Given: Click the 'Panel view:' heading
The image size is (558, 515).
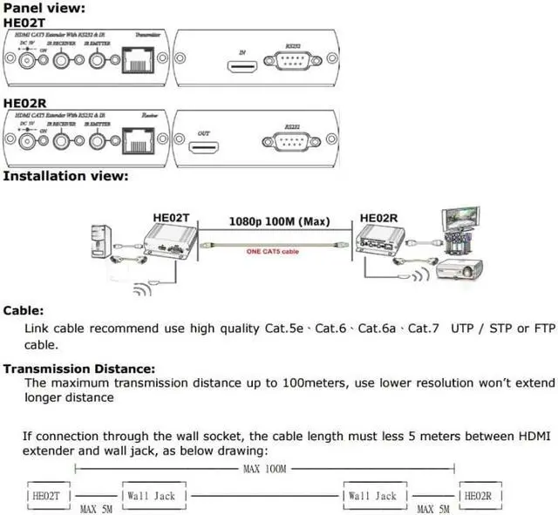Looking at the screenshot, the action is pos(44,8).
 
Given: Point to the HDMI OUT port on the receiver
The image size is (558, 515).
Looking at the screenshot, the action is pos(204,146).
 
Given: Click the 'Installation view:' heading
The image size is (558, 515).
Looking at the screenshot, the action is pos(65,176).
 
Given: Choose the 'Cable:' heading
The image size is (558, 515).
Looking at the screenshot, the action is pos(24,311).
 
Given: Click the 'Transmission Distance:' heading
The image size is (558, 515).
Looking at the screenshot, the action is pos(79,369).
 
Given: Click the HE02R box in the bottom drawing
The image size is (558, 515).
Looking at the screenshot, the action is pos(478,496).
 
